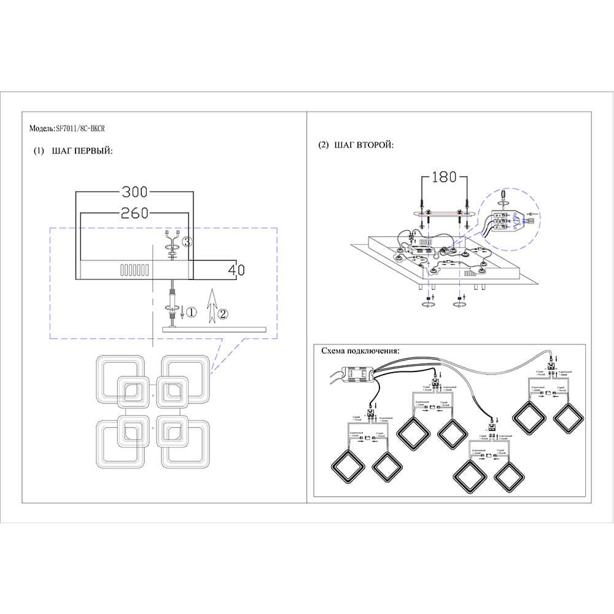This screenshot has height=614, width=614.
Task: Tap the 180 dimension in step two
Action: tap(444, 177)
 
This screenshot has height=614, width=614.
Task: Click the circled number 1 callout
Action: tap(191, 313)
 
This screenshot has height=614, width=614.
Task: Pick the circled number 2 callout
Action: tap(223, 314)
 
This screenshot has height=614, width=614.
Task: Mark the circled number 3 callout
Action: tap(187, 243)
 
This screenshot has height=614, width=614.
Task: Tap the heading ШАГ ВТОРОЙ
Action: tap(363, 146)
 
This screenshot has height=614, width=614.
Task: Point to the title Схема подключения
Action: tap(359, 351)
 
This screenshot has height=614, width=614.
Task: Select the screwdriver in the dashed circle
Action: tap(503, 196)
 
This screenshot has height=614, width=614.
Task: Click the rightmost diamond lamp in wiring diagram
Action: tap(567, 419)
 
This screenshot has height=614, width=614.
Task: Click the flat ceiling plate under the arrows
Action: tap(215, 330)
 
